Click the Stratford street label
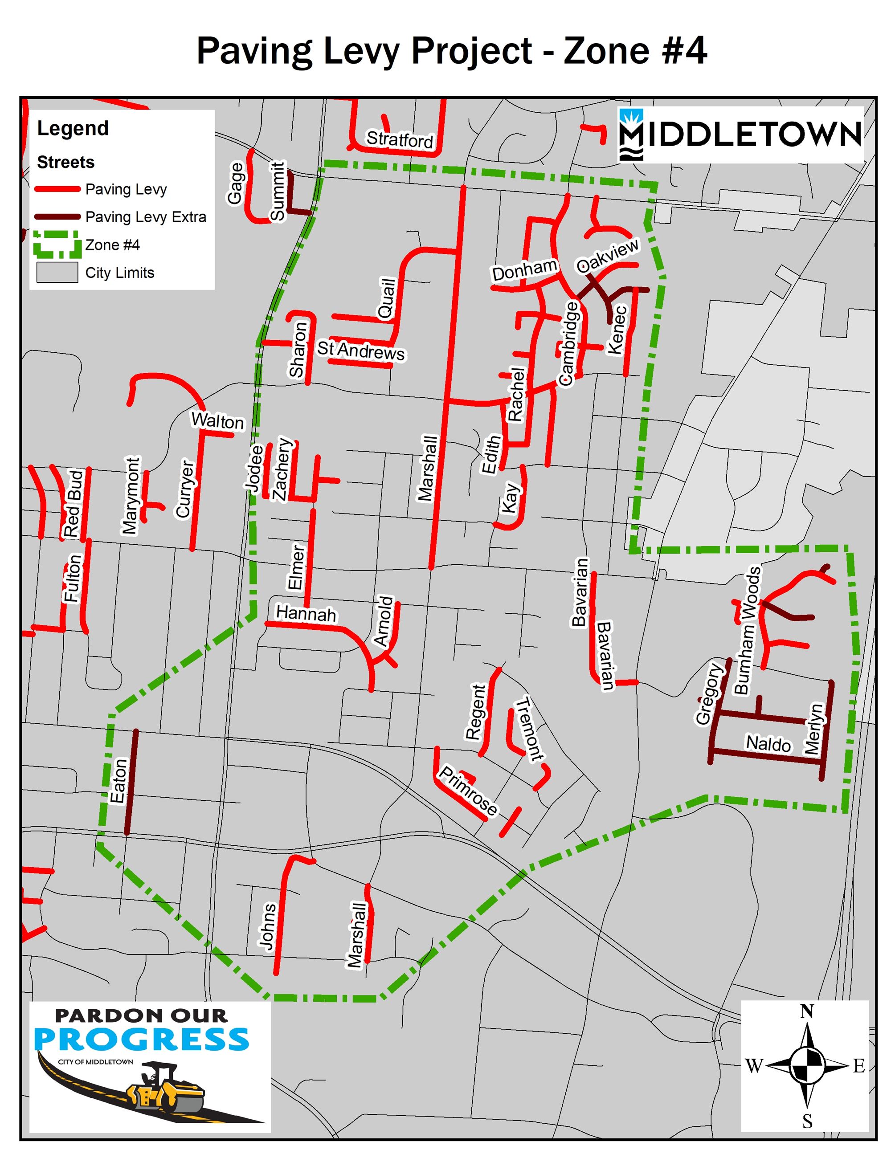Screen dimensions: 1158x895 (400, 139)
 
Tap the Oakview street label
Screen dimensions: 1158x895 (608, 256)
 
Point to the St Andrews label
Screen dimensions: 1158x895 (360, 351)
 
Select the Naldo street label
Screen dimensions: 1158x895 (768, 744)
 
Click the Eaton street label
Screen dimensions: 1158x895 (118, 781)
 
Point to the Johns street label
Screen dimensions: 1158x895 (268, 926)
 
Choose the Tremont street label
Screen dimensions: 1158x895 (530, 729)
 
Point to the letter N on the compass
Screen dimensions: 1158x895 (806, 1011)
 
